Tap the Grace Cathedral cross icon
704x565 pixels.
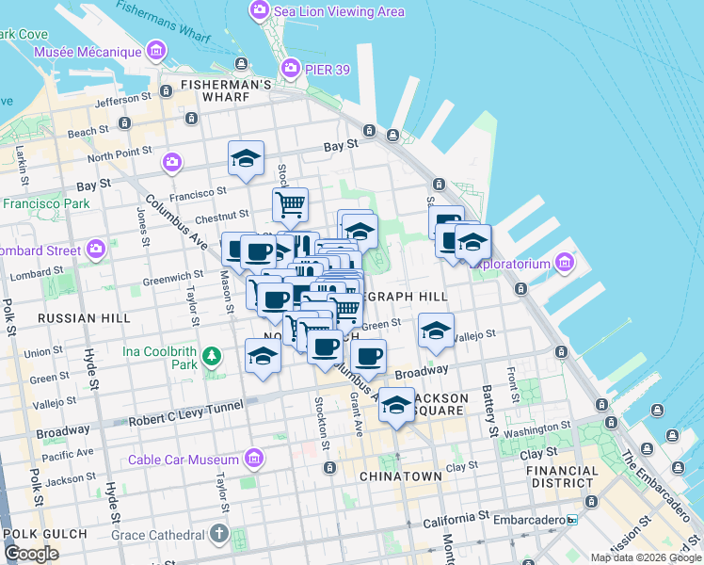pos(220,534)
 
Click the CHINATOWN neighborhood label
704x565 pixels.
pos(400,476)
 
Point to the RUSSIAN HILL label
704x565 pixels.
pos(84,318)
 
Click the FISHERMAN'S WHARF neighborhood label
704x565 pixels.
pos(228,85)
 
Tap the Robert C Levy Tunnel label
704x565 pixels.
pos(185,406)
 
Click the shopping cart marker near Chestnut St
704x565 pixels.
pos(291,203)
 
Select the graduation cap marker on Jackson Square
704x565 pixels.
pos(396,406)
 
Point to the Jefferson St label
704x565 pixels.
pos(123,98)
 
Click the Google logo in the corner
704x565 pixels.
pos(31,553)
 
